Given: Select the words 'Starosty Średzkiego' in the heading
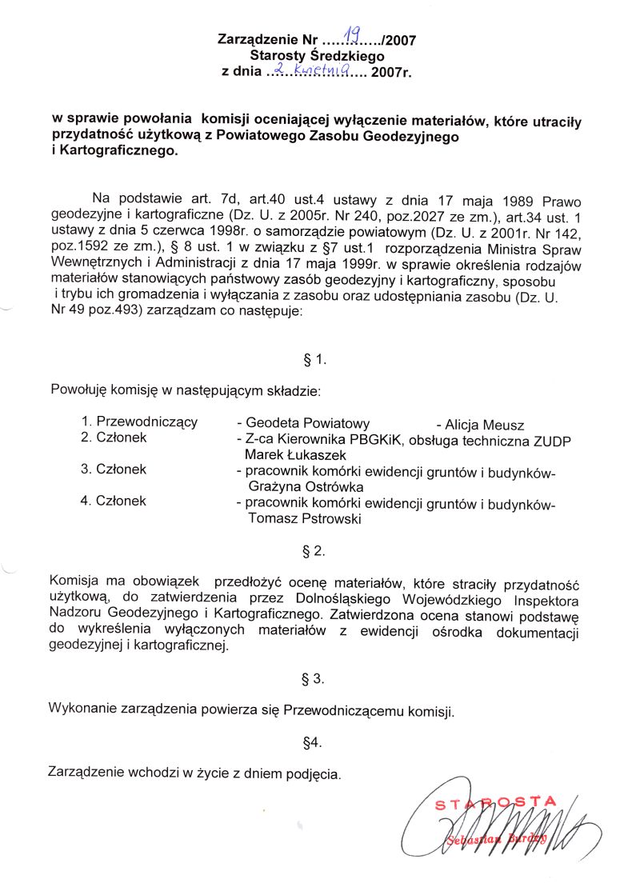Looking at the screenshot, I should tap(317, 56).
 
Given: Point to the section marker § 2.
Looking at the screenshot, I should tap(314, 551).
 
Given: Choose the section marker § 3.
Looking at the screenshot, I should tap(313, 678).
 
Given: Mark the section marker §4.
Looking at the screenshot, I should tap(313, 742).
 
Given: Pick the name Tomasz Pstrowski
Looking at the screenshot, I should tap(305, 518).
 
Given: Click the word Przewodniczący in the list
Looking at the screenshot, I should tap(147, 422).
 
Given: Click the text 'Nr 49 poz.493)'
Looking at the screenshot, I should tap(93, 313).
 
